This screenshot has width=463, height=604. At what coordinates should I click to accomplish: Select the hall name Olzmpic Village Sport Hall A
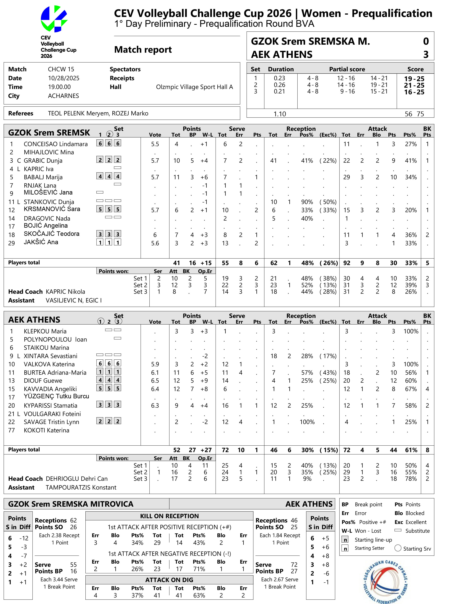[194, 87]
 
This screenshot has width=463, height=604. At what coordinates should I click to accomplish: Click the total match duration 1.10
[280, 114]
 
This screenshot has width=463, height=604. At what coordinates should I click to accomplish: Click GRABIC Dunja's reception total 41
[273, 161]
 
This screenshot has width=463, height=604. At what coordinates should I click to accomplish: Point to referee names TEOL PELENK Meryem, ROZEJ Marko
[98, 113]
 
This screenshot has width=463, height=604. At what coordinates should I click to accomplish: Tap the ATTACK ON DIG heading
[169, 580]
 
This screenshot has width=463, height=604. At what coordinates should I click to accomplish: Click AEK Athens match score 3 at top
[426, 54]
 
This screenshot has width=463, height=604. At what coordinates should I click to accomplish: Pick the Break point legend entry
[368, 504]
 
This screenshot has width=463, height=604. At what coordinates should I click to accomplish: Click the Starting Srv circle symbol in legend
[398, 548]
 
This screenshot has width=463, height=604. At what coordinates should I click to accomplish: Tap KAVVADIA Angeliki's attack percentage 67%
[411, 389]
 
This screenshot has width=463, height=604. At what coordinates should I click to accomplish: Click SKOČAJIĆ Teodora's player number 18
[12, 235]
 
